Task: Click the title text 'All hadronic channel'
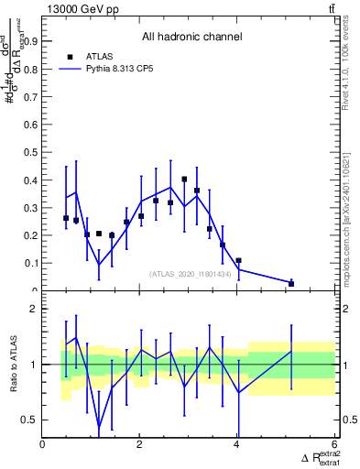[191, 38]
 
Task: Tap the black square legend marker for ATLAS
[70, 57]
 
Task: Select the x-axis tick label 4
[237, 444]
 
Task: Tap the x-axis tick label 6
[334, 444]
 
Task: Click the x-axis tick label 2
[139, 444]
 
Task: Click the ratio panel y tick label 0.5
[28, 420]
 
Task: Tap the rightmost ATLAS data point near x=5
[291, 284]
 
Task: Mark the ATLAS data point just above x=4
[238, 261]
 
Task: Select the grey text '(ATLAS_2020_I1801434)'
[190, 274]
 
